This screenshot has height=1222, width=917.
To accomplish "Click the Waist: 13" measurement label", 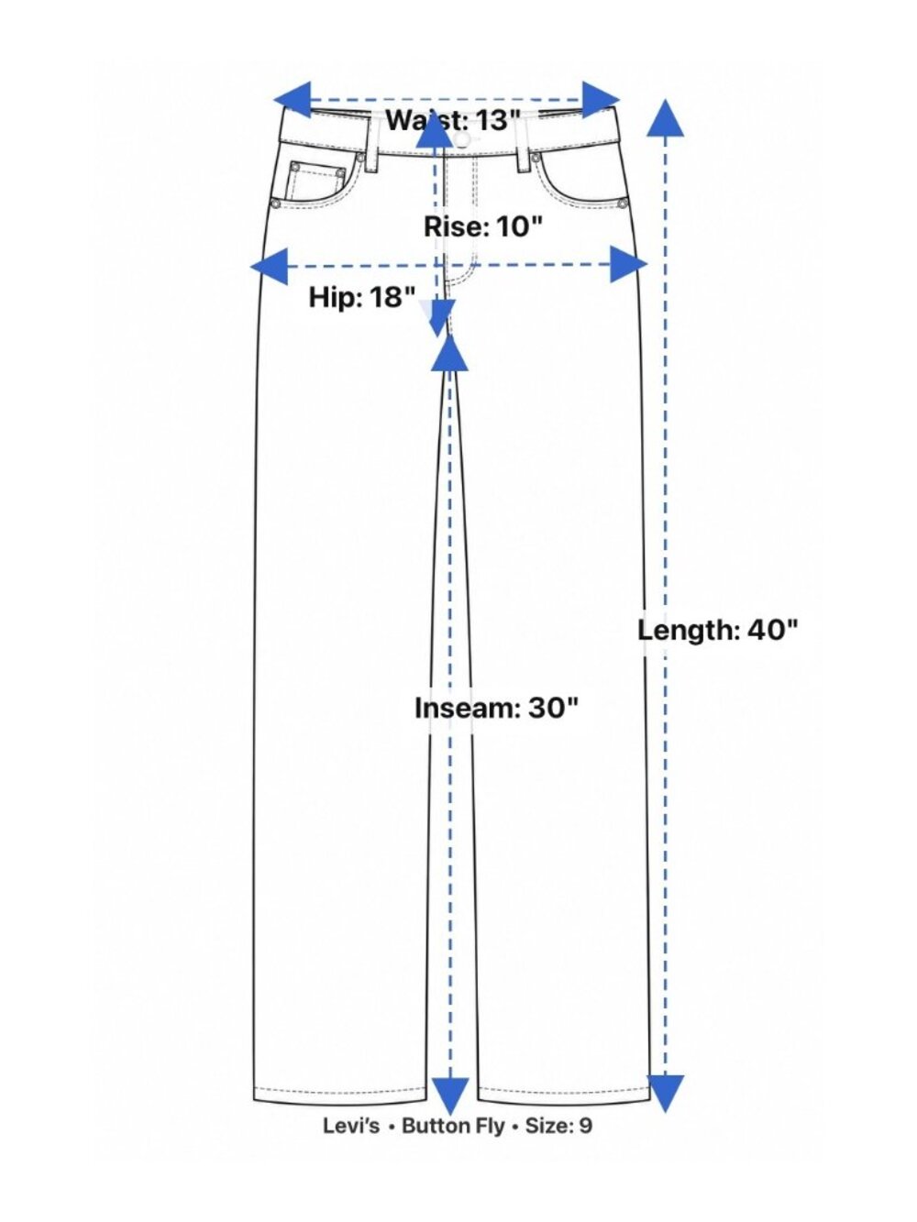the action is click(x=453, y=120).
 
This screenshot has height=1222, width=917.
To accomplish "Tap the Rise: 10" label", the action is click(x=482, y=226).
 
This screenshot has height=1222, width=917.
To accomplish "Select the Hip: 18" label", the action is click(x=362, y=297).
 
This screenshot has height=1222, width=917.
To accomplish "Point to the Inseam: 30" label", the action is click(x=497, y=708).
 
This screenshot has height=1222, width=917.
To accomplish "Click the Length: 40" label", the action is click(x=717, y=630).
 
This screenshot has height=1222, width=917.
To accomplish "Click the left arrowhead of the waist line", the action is click(x=293, y=100).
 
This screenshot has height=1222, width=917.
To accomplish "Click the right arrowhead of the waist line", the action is click(x=602, y=100).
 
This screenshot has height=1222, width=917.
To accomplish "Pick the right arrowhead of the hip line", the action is click(x=628, y=264).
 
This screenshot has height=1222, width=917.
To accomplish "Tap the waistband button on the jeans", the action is click(x=461, y=139).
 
